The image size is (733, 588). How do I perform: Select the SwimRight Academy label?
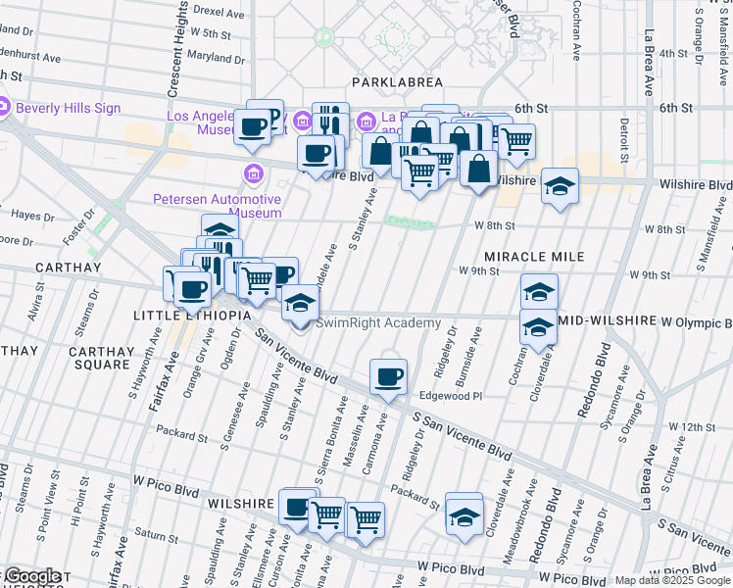379,322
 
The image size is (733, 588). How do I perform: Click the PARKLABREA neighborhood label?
399,82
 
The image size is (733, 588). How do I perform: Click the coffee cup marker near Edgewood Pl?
388,378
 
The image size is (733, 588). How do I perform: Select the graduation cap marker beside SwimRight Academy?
300,305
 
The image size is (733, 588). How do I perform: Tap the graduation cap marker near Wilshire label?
559,186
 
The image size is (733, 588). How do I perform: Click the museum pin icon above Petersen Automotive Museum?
254,175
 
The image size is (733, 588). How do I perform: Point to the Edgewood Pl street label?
452,396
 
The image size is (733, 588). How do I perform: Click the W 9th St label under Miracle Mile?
480,271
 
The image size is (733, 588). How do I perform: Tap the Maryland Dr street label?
217,57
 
